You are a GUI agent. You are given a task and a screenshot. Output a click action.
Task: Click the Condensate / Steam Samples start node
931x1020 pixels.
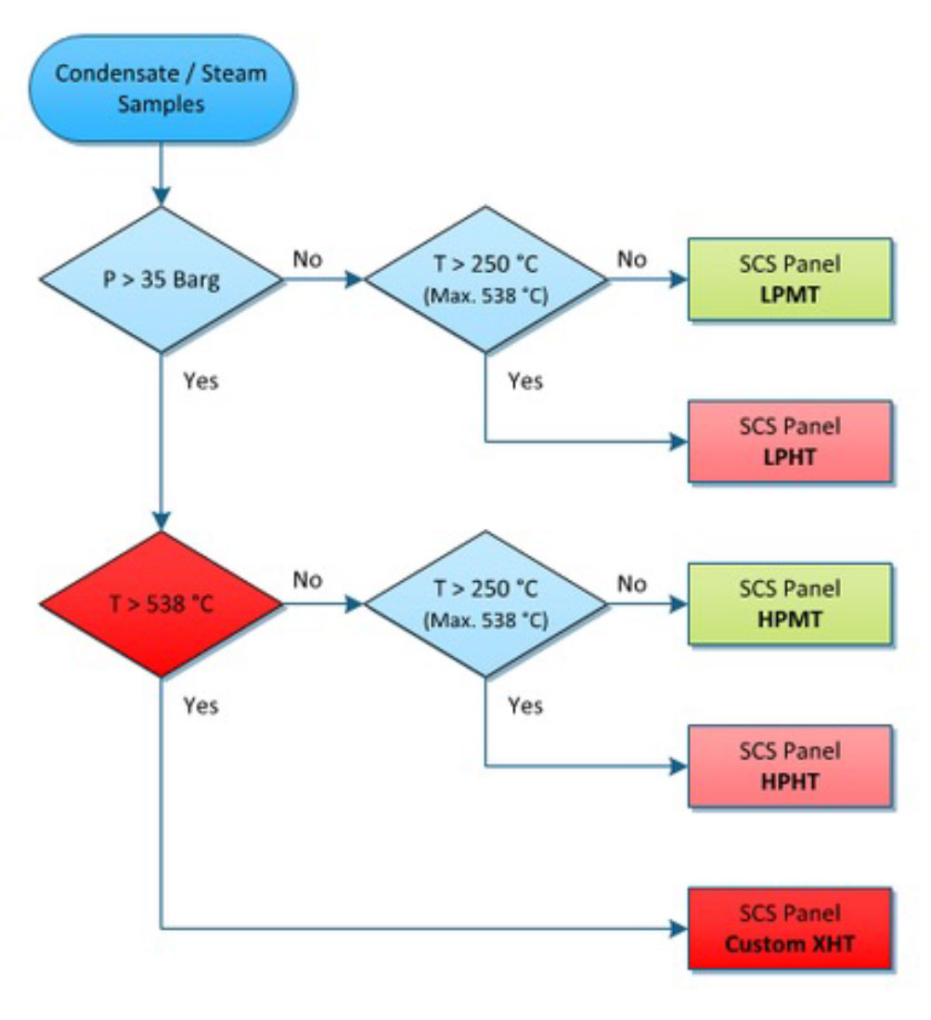click(x=162, y=88)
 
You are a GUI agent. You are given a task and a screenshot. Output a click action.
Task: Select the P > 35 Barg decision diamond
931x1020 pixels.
click(x=162, y=278)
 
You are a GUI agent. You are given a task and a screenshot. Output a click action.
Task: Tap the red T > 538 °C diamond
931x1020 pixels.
click(x=162, y=604)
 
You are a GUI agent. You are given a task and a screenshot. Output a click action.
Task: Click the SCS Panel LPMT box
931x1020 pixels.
click(x=790, y=278)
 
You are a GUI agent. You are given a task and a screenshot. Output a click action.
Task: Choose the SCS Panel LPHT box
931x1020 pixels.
click(x=790, y=441)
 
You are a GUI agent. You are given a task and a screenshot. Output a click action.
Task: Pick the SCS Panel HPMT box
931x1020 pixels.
click(x=790, y=603)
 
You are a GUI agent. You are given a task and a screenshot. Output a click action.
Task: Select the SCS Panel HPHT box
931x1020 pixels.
click(x=790, y=767)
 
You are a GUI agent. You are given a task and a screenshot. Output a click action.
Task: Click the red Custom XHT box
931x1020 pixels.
click(x=790, y=929)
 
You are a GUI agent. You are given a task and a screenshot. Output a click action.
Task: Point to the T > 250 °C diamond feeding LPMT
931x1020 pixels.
click(x=485, y=278)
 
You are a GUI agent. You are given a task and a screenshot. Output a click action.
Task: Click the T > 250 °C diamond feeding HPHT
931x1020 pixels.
click(x=485, y=604)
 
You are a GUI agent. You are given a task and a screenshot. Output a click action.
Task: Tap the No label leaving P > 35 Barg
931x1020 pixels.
click(x=307, y=258)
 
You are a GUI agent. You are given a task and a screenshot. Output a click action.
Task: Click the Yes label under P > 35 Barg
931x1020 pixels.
click(x=200, y=381)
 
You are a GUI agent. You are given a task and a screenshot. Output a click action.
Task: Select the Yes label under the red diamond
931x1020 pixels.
click(x=200, y=705)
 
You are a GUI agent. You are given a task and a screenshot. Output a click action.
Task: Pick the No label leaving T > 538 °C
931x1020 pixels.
click(x=307, y=581)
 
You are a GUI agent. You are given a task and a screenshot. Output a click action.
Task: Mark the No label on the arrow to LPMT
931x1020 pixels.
click(x=632, y=258)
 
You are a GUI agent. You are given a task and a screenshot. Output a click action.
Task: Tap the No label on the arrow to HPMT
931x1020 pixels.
click(x=632, y=583)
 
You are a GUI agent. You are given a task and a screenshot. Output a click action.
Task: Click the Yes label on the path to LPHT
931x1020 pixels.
click(x=525, y=381)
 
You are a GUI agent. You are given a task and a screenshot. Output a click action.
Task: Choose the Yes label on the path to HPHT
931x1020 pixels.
click(x=525, y=705)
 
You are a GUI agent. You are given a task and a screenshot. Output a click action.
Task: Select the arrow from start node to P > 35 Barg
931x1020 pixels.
click(x=162, y=173)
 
